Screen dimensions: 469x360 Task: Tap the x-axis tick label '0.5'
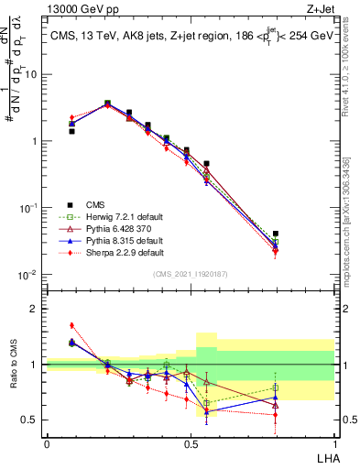(x=191, y=443)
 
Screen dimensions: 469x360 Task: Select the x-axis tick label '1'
(x=333, y=443)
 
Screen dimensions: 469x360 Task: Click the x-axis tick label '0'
(x=47, y=443)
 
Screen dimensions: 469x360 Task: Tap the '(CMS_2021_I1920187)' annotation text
(x=191, y=274)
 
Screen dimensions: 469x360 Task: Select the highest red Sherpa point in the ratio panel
(x=71, y=325)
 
